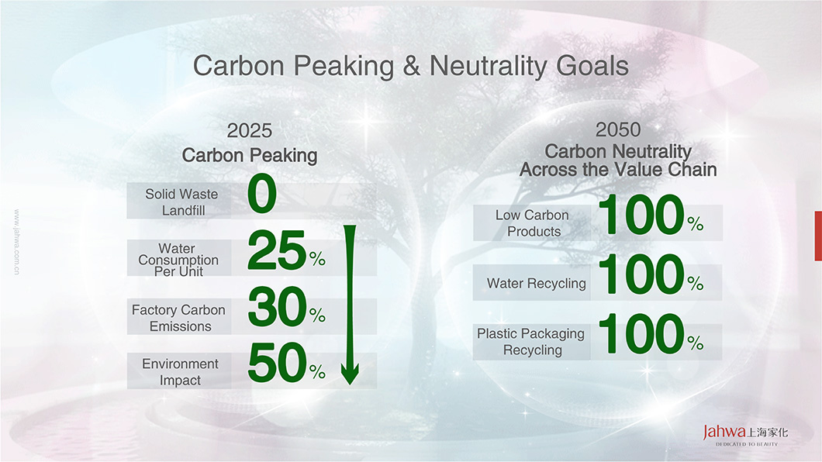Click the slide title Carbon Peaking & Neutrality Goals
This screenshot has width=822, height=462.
point(410,66)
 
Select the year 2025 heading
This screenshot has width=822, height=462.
point(250,130)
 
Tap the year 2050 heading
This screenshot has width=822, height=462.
point(618,129)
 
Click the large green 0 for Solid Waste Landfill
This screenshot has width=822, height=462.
point(262,194)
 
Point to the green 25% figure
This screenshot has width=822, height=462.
point(286,250)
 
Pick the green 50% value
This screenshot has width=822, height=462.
point(286,363)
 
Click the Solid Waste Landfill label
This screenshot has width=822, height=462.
point(182,202)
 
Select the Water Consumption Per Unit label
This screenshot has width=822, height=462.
point(178,260)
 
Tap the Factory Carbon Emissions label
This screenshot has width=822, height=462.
point(179,318)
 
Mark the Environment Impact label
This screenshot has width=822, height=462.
point(181,372)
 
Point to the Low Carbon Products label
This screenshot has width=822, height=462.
point(532,223)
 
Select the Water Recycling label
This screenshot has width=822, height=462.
point(537,284)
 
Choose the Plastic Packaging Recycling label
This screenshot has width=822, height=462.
point(531,342)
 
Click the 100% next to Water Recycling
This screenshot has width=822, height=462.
point(651,274)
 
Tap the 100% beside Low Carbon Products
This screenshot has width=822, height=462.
point(651,215)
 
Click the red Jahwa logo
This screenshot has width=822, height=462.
point(724,432)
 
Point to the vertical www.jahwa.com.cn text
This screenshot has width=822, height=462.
point(17,242)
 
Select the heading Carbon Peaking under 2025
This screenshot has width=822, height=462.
point(250,156)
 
